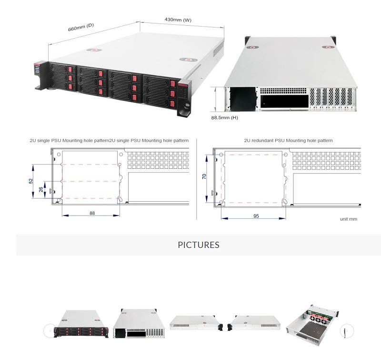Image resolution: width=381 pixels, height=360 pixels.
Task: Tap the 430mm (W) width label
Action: point(178,20)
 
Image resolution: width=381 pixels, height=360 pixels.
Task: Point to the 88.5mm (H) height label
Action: point(224,117)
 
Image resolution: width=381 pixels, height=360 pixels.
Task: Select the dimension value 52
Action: point(30,181)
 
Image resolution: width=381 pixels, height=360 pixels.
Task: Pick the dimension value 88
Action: point(92,213)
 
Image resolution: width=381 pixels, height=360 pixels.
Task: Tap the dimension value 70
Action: point(204,176)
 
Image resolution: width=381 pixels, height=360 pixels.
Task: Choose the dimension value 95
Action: point(256,216)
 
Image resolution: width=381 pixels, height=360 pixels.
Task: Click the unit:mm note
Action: point(348,219)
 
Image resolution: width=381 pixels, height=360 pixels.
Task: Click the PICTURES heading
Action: point(199,245)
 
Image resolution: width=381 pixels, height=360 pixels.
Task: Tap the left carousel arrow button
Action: point(50,330)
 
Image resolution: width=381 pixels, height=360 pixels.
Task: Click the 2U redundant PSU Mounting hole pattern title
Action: point(288,141)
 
